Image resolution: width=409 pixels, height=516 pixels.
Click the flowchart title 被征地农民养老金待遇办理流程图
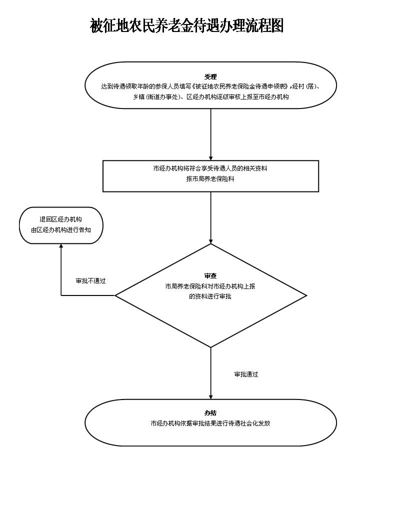point(186,25)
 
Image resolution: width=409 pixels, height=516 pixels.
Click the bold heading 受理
point(210,76)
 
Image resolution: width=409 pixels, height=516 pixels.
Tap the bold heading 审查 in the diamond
point(210,276)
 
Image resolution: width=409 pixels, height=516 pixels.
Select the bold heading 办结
point(210,413)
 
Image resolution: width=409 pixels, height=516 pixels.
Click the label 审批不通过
point(90,281)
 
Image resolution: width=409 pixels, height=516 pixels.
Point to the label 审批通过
point(246,374)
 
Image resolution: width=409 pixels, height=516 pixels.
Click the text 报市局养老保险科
point(210,179)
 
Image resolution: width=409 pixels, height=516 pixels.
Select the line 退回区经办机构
point(60,219)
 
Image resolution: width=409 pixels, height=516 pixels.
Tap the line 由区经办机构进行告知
point(60,230)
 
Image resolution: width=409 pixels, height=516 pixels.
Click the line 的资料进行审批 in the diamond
point(210,296)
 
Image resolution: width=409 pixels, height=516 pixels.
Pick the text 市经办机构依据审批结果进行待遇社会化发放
point(210,423)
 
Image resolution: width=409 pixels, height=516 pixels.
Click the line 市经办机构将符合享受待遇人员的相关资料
point(210,168)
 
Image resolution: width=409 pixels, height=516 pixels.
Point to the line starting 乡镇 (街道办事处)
point(210,97)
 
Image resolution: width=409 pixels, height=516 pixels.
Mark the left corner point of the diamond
point(115,295)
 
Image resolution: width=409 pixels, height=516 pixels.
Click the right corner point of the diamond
point(306,295)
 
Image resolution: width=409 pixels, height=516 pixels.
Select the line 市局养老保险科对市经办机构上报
point(210,286)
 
